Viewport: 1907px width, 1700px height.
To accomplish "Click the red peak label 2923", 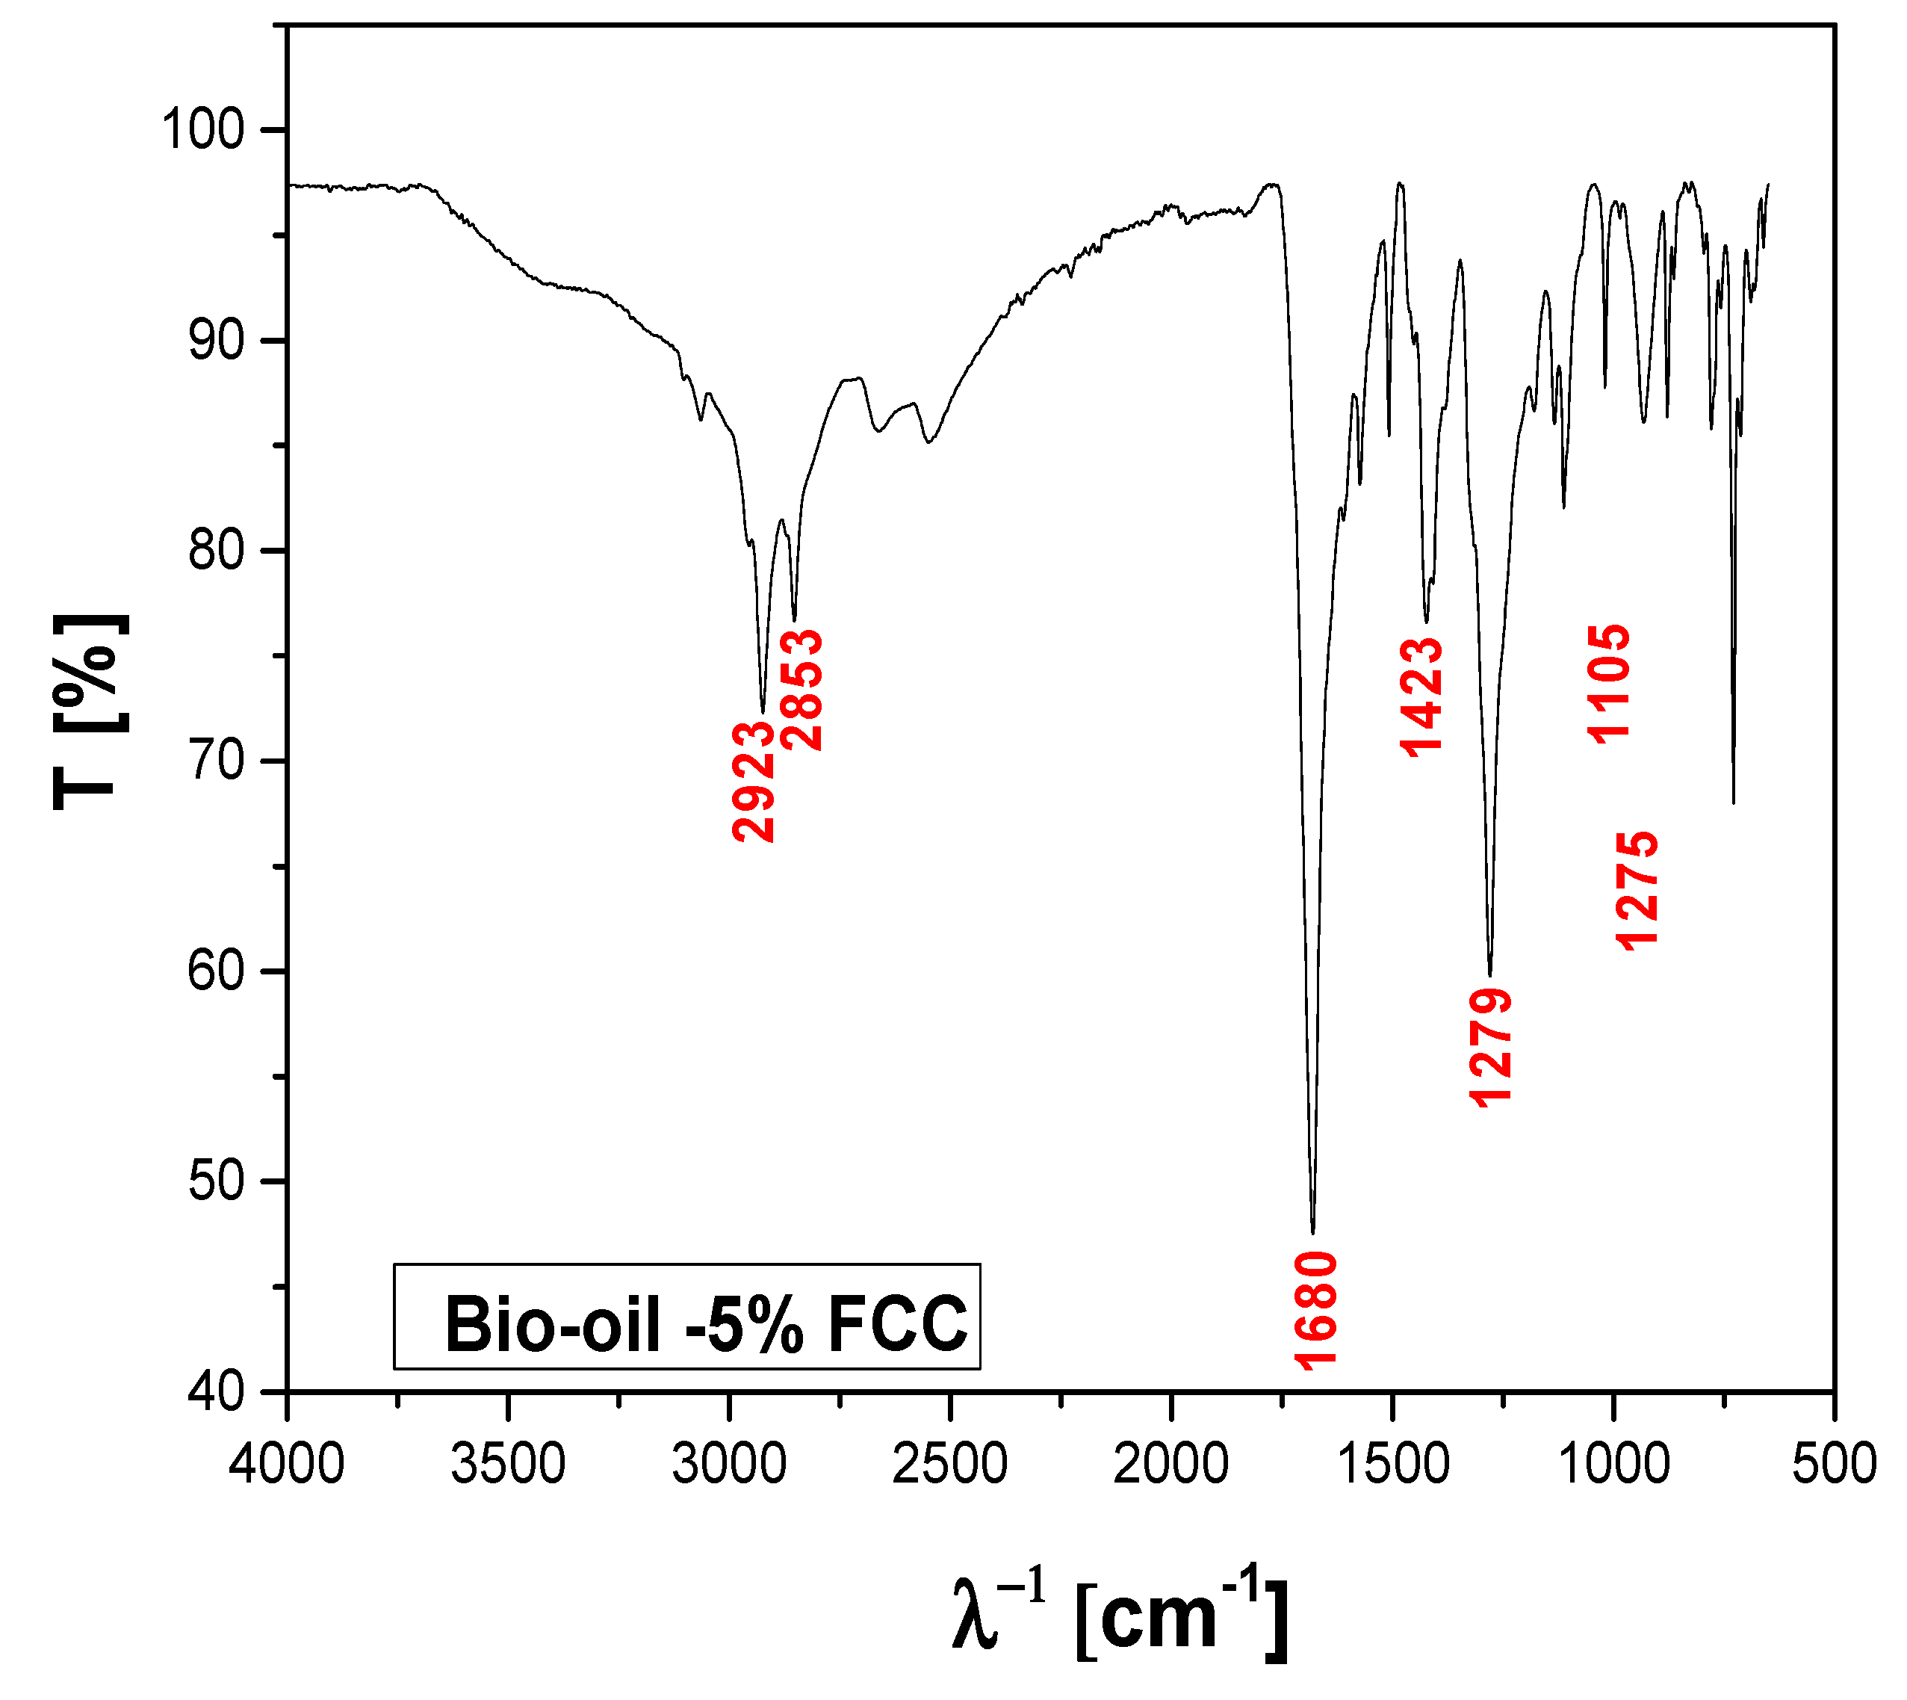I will pyautogui.click(x=754, y=781).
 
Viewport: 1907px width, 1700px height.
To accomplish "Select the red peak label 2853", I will pyautogui.click(x=802, y=690).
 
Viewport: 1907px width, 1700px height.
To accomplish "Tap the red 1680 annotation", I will pyautogui.click(x=1317, y=1311).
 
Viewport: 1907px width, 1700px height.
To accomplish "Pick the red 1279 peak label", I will pyautogui.click(x=1490, y=1048).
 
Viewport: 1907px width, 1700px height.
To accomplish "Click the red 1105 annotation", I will pyautogui.click(x=1609, y=684).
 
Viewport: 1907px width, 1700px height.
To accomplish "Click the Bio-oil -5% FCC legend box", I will pyautogui.click(x=687, y=1317).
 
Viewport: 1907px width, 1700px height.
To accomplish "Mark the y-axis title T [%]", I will pyautogui.click(x=90, y=711).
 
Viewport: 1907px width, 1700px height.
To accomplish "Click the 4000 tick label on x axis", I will pyautogui.click(x=287, y=1464).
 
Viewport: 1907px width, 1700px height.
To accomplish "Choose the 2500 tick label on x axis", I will pyautogui.click(x=949, y=1464).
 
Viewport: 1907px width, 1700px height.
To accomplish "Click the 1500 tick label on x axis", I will pyautogui.click(x=1392, y=1464).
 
